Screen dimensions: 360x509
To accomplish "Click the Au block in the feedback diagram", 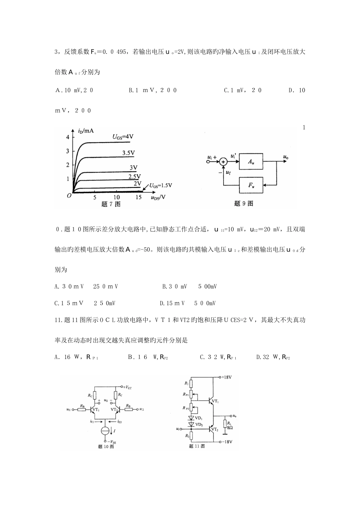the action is tap(251, 161).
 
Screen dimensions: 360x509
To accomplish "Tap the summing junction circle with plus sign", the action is tap(224, 161).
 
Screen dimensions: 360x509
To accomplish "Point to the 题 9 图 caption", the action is tap(244, 203).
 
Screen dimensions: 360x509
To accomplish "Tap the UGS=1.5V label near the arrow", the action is tap(160, 186).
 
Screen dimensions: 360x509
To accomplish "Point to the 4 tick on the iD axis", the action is tap(68, 137).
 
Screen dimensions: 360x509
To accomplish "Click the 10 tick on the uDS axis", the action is tap(117, 197).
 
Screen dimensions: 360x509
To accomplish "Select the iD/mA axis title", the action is tap(86, 131).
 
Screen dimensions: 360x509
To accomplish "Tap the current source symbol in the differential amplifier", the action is tap(106, 431).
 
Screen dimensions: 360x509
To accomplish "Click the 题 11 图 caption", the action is tap(197, 447).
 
